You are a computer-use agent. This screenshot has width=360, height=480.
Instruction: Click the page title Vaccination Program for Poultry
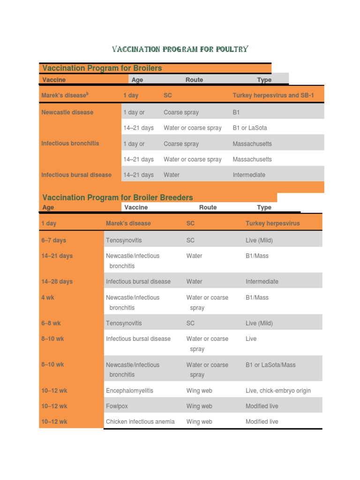point(180,49)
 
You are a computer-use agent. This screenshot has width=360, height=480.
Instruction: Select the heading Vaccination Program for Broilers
point(102,68)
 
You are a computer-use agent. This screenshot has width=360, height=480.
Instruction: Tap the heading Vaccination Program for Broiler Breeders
point(117,197)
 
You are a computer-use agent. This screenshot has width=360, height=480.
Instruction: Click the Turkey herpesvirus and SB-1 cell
point(273,95)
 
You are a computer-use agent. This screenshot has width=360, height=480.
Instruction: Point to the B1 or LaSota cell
point(250,127)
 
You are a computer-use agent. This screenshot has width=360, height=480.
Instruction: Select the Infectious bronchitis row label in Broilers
point(70,143)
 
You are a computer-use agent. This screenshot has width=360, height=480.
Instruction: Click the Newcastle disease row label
point(67,112)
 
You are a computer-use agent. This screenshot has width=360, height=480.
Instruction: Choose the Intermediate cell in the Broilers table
point(249,175)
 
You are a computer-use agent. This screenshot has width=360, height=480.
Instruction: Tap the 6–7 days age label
point(53,240)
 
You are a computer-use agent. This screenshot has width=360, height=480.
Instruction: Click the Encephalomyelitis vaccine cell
point(129,390)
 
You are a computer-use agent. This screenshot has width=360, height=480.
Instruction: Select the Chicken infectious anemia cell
point(140,421)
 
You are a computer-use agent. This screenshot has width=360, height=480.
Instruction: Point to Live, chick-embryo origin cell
point(278,390)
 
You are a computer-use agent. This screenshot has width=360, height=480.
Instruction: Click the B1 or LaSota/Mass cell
point(270,365)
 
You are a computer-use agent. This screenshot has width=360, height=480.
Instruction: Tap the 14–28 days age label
point(57,281)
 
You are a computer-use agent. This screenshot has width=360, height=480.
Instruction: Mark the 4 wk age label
point(48,297)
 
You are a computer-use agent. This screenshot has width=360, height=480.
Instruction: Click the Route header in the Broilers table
point(194,80)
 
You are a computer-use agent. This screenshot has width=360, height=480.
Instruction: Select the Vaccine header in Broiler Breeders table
point(136,207)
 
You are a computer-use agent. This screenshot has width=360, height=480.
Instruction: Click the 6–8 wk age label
point(51,323)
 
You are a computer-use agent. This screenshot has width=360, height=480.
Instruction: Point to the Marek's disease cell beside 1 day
point(128,223)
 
